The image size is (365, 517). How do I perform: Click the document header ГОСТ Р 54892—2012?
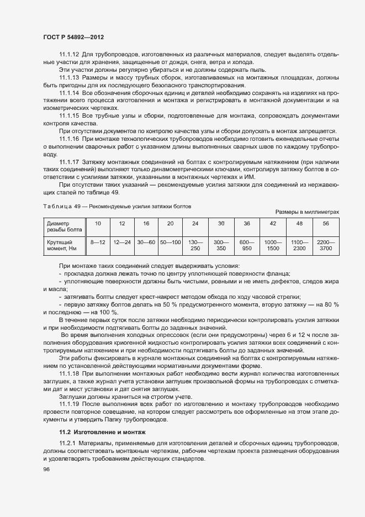coord(73,37)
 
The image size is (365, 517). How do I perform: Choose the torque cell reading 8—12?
coord(98,242)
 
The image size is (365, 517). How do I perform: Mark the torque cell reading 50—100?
coord(170,242)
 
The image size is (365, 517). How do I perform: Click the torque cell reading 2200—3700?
coord(325,245)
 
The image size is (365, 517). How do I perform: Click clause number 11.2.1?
coord(68,444)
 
